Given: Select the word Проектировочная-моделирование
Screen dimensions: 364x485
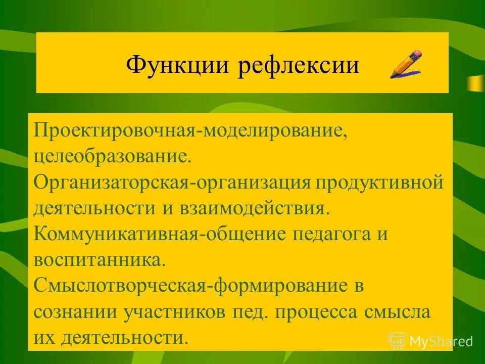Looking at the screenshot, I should [x=189, y=130].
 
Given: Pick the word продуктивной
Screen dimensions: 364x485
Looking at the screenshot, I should [x=379, y=182].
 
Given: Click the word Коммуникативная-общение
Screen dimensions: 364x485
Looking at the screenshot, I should [x=162, y=234].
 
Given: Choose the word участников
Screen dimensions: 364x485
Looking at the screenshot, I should [x=178, y=312].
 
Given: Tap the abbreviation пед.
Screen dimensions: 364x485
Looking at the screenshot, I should [x=256, y=312].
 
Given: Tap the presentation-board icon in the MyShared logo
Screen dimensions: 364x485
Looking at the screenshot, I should [x=397, y=340].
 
